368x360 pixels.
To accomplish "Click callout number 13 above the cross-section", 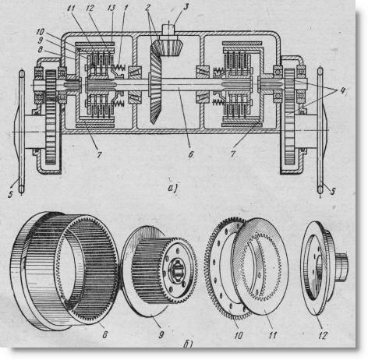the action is click(x=111, y=8).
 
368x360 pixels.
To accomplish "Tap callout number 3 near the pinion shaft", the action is click(x=186, y=7).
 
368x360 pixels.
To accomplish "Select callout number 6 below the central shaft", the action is click(x=191, y=154).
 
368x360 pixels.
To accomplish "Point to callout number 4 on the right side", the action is click(x=343, y=90).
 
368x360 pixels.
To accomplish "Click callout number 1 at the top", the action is click(x=126, y=8).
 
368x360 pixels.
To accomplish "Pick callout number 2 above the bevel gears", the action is click(x=147, y=8).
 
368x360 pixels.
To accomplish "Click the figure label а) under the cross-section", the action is click(x=173, y=188).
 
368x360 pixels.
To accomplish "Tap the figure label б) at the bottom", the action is click(x=188, y=344).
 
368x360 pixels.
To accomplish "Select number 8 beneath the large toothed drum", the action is click(x=104, y=334).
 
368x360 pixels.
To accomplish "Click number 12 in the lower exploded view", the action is click(x=322, y=336).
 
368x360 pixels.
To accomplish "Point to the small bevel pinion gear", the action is click(x=171, y=49).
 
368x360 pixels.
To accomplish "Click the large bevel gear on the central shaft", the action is click(x=155, y=83).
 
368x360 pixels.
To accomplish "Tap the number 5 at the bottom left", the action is click(x=10, y=194).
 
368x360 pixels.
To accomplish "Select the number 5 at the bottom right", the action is click(x=333, y=192).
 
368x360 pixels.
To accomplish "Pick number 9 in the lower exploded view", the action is click(x=161, y=334).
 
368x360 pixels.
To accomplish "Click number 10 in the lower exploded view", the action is click(x=238, y=336).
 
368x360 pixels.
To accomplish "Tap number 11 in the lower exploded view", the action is click(x=272, y=335).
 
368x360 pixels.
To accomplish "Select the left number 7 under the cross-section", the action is click(x=99, y=154).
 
